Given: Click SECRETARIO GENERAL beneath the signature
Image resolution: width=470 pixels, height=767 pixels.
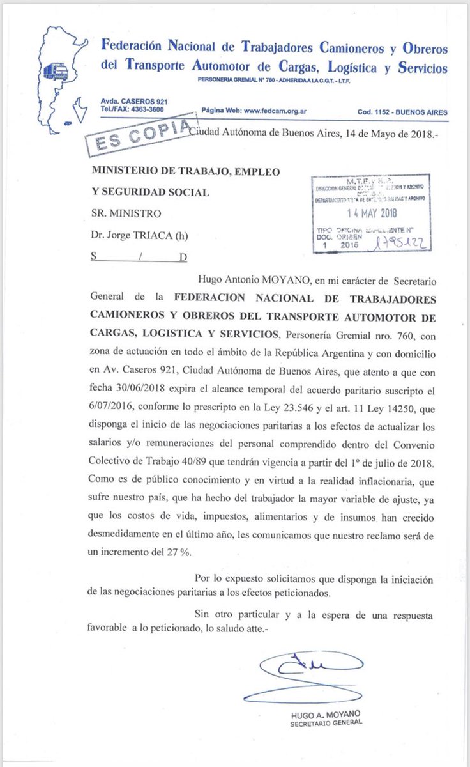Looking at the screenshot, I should click(326, 722).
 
